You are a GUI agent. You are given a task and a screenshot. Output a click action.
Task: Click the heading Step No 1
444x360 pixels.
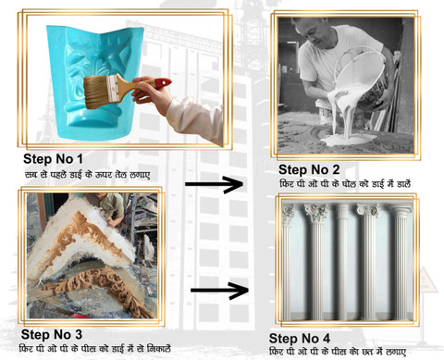tap(53, 159)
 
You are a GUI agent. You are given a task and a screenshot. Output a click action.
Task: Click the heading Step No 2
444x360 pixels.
tap(309, 169)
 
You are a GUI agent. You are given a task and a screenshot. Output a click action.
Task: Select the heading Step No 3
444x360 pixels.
tap(52, 334)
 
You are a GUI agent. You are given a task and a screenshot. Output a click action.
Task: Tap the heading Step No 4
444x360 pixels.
tap(300, 339)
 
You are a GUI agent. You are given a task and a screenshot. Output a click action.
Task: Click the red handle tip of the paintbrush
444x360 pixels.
tap(163, 82)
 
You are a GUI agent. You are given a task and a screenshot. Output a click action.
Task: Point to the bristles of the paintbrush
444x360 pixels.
tap(96, 92)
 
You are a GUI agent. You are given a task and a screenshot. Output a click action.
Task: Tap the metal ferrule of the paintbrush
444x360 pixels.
tap(113, 89)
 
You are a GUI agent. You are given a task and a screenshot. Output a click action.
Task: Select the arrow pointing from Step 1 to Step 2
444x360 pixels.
tap(214, 184)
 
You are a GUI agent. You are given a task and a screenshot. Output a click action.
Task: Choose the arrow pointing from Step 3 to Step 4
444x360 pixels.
tap(219, 291)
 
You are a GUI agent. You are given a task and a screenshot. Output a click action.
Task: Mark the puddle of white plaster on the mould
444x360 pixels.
tap(349, 140)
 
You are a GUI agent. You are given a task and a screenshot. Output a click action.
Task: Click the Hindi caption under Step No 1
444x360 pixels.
tap(87, 174)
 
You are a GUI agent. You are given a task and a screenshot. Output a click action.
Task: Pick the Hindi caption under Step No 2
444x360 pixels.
tap(345, 183)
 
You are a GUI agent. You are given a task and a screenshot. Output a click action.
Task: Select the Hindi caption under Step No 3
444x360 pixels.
tap(95, 349)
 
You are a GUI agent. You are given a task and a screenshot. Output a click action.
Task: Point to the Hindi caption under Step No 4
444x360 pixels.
tap(338, 352)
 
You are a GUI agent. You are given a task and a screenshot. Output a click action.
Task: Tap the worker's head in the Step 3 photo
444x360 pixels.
tap(99, 198)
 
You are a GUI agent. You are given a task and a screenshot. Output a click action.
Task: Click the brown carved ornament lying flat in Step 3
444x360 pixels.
tap(99, 290)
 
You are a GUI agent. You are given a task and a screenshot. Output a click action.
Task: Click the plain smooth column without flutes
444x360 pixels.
tap(341, 262)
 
